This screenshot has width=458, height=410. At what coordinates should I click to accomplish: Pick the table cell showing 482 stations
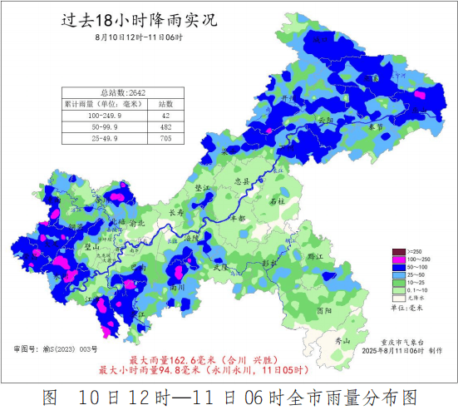165,126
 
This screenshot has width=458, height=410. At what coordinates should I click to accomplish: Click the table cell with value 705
165,138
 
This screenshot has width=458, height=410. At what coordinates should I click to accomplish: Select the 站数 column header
165,104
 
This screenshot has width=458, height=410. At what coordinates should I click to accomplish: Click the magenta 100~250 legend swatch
397,260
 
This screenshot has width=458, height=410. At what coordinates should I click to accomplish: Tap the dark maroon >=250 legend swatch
397,251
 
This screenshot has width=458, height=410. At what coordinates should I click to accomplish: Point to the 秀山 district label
354,341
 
